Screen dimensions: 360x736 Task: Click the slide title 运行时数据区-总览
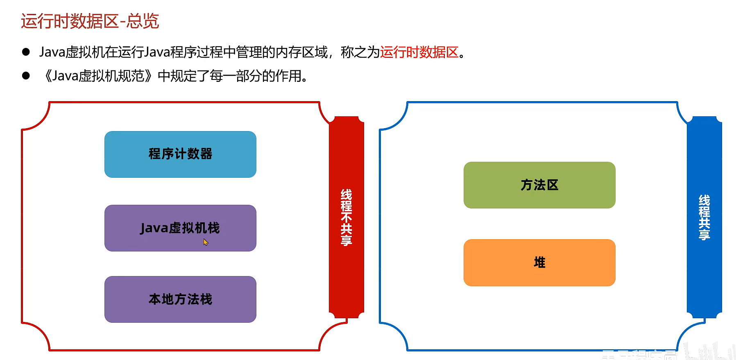tap(90, 21)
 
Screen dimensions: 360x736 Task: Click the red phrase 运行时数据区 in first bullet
tap(419, 52)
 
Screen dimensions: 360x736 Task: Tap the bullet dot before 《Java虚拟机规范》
tap(26, 76)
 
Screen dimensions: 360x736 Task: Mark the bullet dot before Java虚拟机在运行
tap(26, 52)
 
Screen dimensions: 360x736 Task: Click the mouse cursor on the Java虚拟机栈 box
tap(205, 242)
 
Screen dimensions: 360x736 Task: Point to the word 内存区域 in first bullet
tap(301, 52)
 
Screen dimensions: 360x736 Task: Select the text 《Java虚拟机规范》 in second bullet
tap(98, 76)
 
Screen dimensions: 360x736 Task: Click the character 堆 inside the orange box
tap(539, 263)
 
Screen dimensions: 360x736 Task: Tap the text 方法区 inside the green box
tap(539, 185)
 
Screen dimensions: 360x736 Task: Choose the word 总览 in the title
tap(143, 21)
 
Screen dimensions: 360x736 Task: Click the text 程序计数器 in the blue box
tap(180, 154)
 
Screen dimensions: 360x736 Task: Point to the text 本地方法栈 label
tap(180, 299)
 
